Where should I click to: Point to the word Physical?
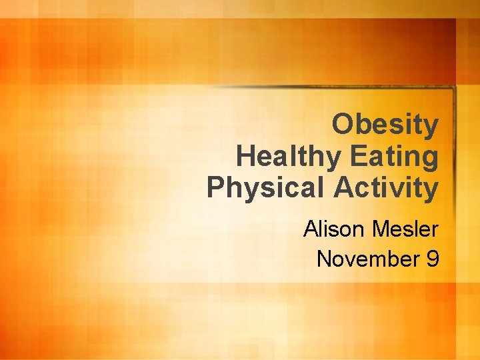tap(266, 189)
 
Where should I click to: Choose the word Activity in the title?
tap(386, 189)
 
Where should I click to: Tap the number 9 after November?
tap(432, 259)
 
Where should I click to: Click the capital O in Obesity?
tap(343, 125)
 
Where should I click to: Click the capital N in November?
tap(325, 259)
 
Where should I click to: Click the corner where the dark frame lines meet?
tap(453, 88)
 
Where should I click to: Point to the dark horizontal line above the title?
tap(333, 87)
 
